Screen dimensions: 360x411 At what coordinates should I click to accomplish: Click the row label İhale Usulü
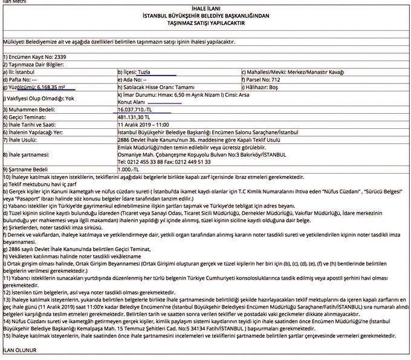[x=24, y=140]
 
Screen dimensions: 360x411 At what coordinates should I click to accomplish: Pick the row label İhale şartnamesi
[x=27, y=155]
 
